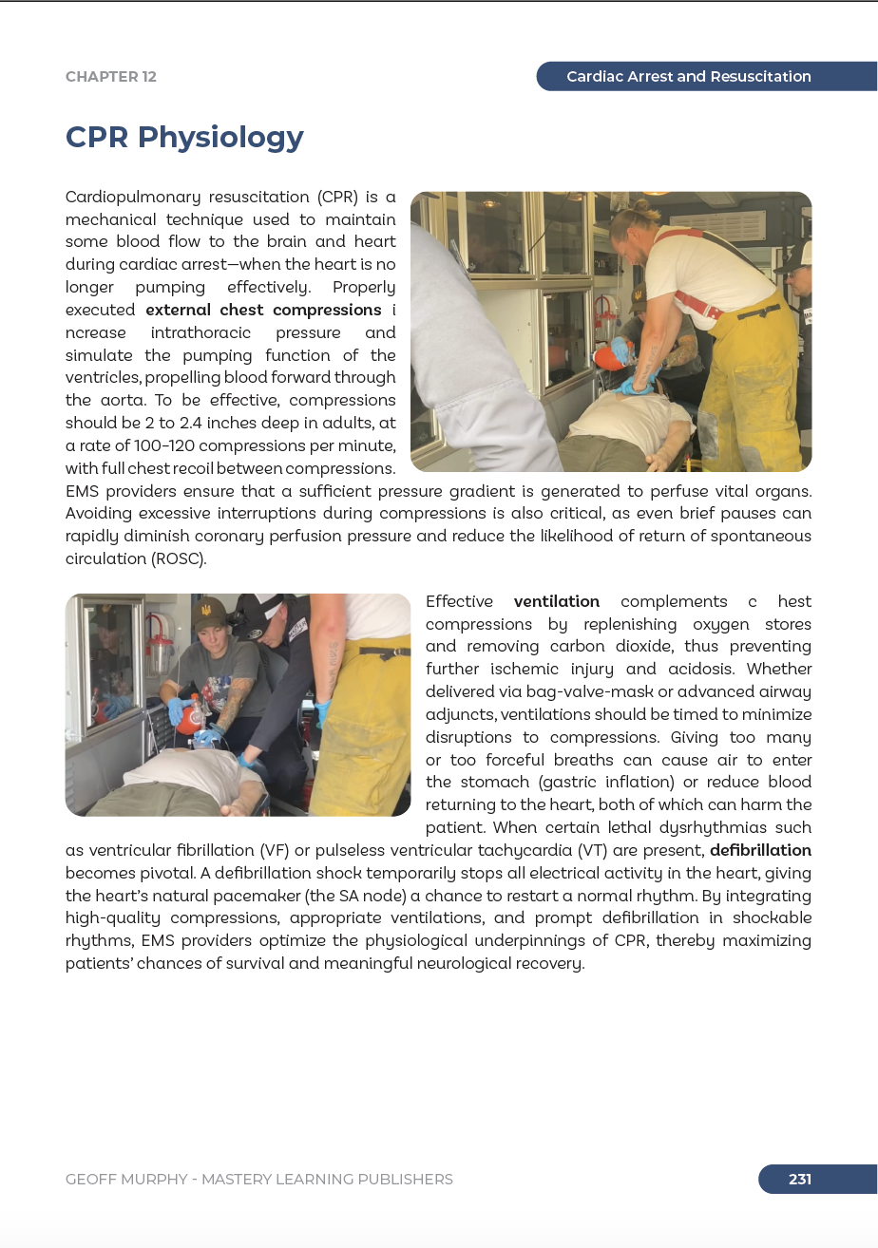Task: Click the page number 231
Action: pos(800,1180)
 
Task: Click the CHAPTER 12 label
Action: pos(111,77)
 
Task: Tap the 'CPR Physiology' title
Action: pos(184,137)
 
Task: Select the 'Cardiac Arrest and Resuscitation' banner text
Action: pos(688,77)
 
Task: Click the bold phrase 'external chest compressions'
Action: pos(263,311)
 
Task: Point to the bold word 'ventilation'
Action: pos(557,602)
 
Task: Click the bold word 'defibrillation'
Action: pos(760,850)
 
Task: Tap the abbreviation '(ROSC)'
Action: pos(178,558)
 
